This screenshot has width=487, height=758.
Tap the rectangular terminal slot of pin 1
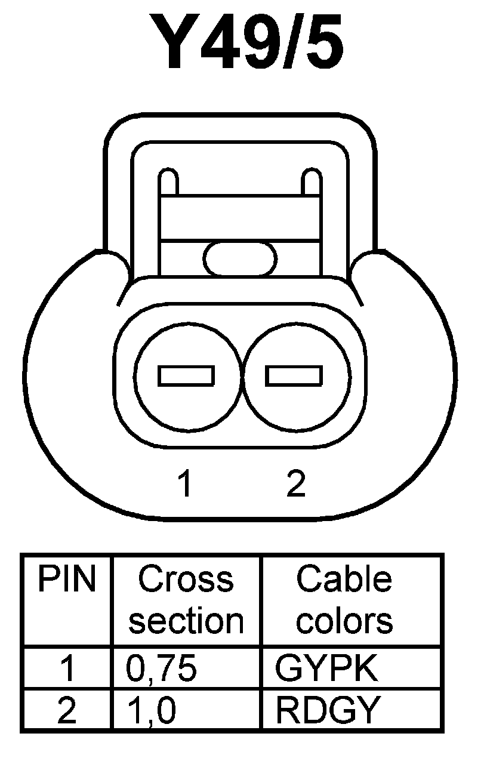pos(186,375)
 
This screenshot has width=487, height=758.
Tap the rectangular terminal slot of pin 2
pos(294,375)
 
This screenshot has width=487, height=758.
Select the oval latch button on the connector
pos(240,258)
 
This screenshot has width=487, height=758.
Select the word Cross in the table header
pos(186,579)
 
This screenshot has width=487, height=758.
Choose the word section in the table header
pos(186,621)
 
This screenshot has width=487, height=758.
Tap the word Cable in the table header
pos(344,579)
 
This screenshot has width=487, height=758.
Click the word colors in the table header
pos(345,621)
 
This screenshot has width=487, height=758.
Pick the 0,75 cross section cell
pos(161,669)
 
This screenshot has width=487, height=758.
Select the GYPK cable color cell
pos(326,669)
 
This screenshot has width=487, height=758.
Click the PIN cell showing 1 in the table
pos(67,669)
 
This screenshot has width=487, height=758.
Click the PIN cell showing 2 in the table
pos(67,710)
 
